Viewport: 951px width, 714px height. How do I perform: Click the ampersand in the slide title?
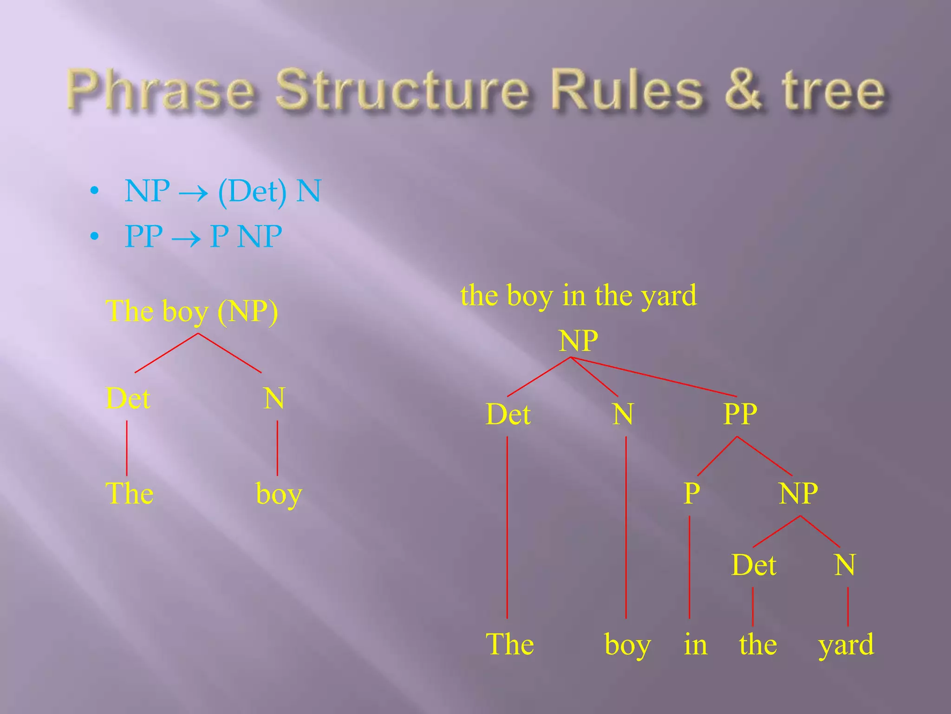[743, 90]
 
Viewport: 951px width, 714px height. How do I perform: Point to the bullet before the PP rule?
[95, 237]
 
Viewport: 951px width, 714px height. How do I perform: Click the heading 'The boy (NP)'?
[192, 311]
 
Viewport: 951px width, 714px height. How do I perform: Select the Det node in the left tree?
[128, 398]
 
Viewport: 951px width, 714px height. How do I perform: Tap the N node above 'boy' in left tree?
[274, 398]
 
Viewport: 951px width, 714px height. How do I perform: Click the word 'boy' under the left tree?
[279, 494]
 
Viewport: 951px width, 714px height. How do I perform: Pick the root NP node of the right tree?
[578, 341]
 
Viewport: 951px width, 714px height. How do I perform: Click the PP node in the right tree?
[740, 414]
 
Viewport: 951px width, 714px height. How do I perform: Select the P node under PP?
[691, 493]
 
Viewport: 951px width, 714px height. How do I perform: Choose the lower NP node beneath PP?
[798, 493]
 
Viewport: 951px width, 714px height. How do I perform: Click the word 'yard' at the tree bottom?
[846, 645]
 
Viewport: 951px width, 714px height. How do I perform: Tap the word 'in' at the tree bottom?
[695, 645]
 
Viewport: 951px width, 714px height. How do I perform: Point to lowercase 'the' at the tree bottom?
[758, 645]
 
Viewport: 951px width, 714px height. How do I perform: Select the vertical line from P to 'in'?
[690, 567]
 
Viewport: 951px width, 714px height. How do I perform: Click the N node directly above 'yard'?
[845, 565]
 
